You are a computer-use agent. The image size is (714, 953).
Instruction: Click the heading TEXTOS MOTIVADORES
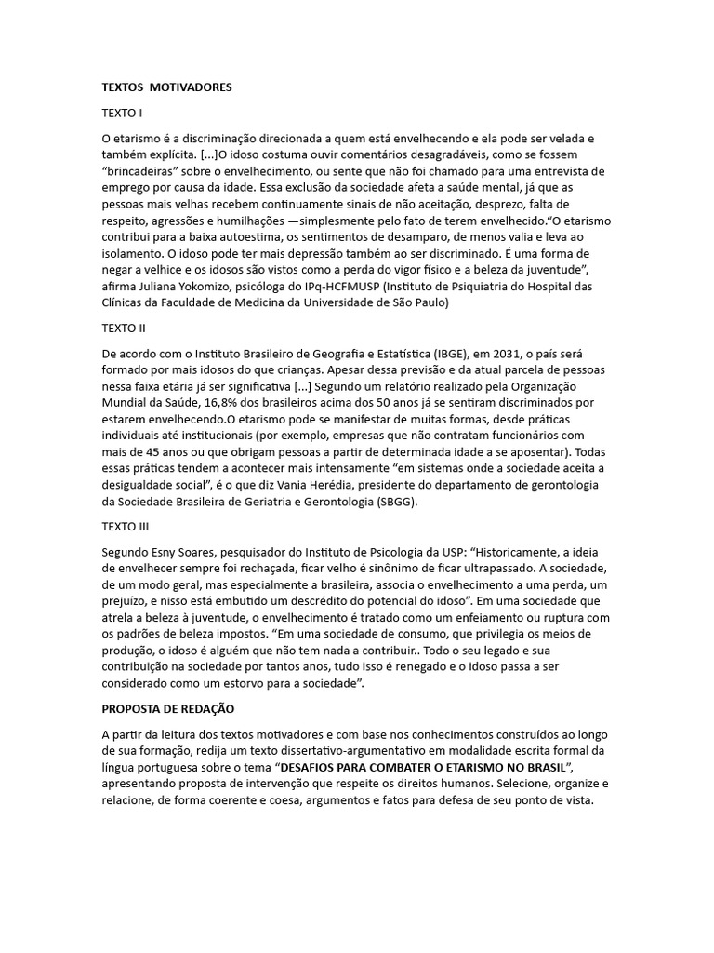click(166, 87)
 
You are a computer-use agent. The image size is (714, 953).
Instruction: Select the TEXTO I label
click(122, 113)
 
